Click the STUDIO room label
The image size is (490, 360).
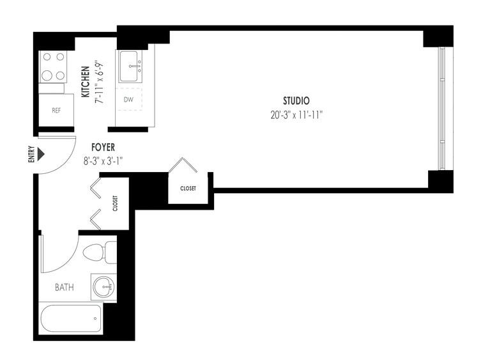(296, 101)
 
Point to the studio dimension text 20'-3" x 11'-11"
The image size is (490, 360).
(296, 115)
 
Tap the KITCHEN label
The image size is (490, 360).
(86, 82)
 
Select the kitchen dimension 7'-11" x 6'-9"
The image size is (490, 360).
(100, 83)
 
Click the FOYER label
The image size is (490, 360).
(103, 147)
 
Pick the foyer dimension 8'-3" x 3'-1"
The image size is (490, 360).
(103, 161)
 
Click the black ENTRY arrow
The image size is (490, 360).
(41, 154)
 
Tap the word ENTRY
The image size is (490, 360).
(31, 154)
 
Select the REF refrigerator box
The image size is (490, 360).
(56, 111)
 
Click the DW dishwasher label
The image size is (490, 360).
(128, 100)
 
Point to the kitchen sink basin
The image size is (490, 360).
(128, 67)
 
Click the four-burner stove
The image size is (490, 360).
(53, 67)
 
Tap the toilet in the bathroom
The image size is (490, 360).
(100, 252)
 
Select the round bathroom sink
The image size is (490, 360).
(104, 287)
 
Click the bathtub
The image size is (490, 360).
(71, 318)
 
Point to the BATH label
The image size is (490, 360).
(65, 287)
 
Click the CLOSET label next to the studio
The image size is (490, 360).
(188, 188)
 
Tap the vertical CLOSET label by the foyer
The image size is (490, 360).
(115, 203)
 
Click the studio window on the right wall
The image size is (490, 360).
(442, 109)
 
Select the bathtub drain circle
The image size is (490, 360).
(95, 318)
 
